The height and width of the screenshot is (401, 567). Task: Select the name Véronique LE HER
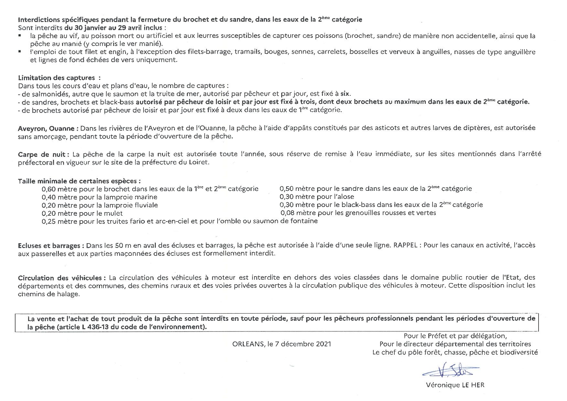(455, 385)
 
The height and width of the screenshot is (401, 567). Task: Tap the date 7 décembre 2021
(303, 344)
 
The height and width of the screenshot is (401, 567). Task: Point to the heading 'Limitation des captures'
(57, 78)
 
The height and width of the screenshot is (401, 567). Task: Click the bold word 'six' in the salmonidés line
(345, 94)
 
